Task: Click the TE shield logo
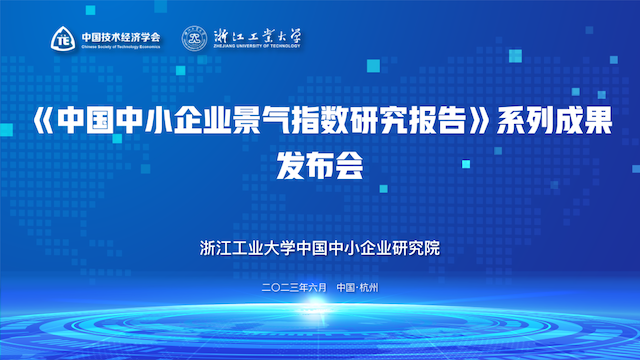(63, 39)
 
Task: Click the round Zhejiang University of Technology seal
(194, 38)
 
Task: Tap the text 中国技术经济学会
(121, 37)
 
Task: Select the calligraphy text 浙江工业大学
(257, 36)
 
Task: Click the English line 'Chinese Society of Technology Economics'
(121, 47)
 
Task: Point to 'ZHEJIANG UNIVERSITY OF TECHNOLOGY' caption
(257, 46)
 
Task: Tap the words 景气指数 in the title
(290, 120)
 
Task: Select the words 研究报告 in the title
(408, 120)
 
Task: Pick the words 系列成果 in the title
(555, 120)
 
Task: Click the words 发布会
(320, 165)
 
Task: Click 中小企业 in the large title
(173, 120)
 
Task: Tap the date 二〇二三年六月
(294, 288)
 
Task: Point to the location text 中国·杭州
(358, 288)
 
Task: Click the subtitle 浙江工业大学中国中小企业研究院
(320, 248)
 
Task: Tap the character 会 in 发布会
(349, 165)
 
